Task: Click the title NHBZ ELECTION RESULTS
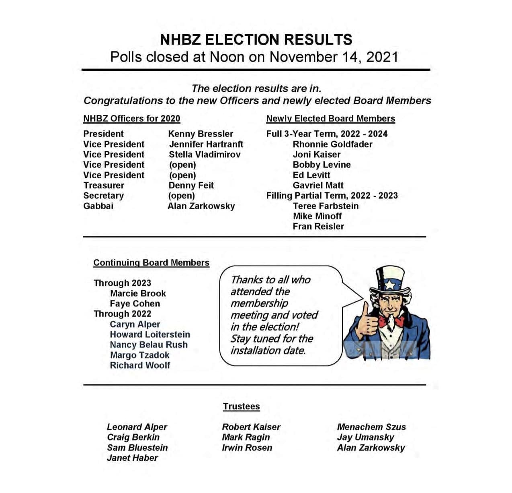click(256, 39)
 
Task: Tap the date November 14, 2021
click(334, 57)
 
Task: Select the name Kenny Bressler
click(201, 134)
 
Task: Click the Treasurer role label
click(104, 185)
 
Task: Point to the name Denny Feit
click(191, 185)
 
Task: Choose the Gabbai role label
click(98, 206)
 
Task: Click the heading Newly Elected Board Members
click(330, 118)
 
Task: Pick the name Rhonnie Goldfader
click(332, 144)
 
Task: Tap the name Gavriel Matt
click(318, 185)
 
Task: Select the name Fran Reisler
click(318, 226)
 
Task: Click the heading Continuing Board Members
click(151, 262)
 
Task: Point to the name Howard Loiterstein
click(150, 334)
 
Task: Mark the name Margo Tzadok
click(139, 355)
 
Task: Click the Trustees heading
click(241, 406)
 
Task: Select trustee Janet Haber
click(132, 458)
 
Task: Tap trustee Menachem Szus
click(371, 427)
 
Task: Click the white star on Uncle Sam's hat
click(390, 285)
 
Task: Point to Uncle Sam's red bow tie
click(391, 321)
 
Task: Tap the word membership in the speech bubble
click(259, 303)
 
